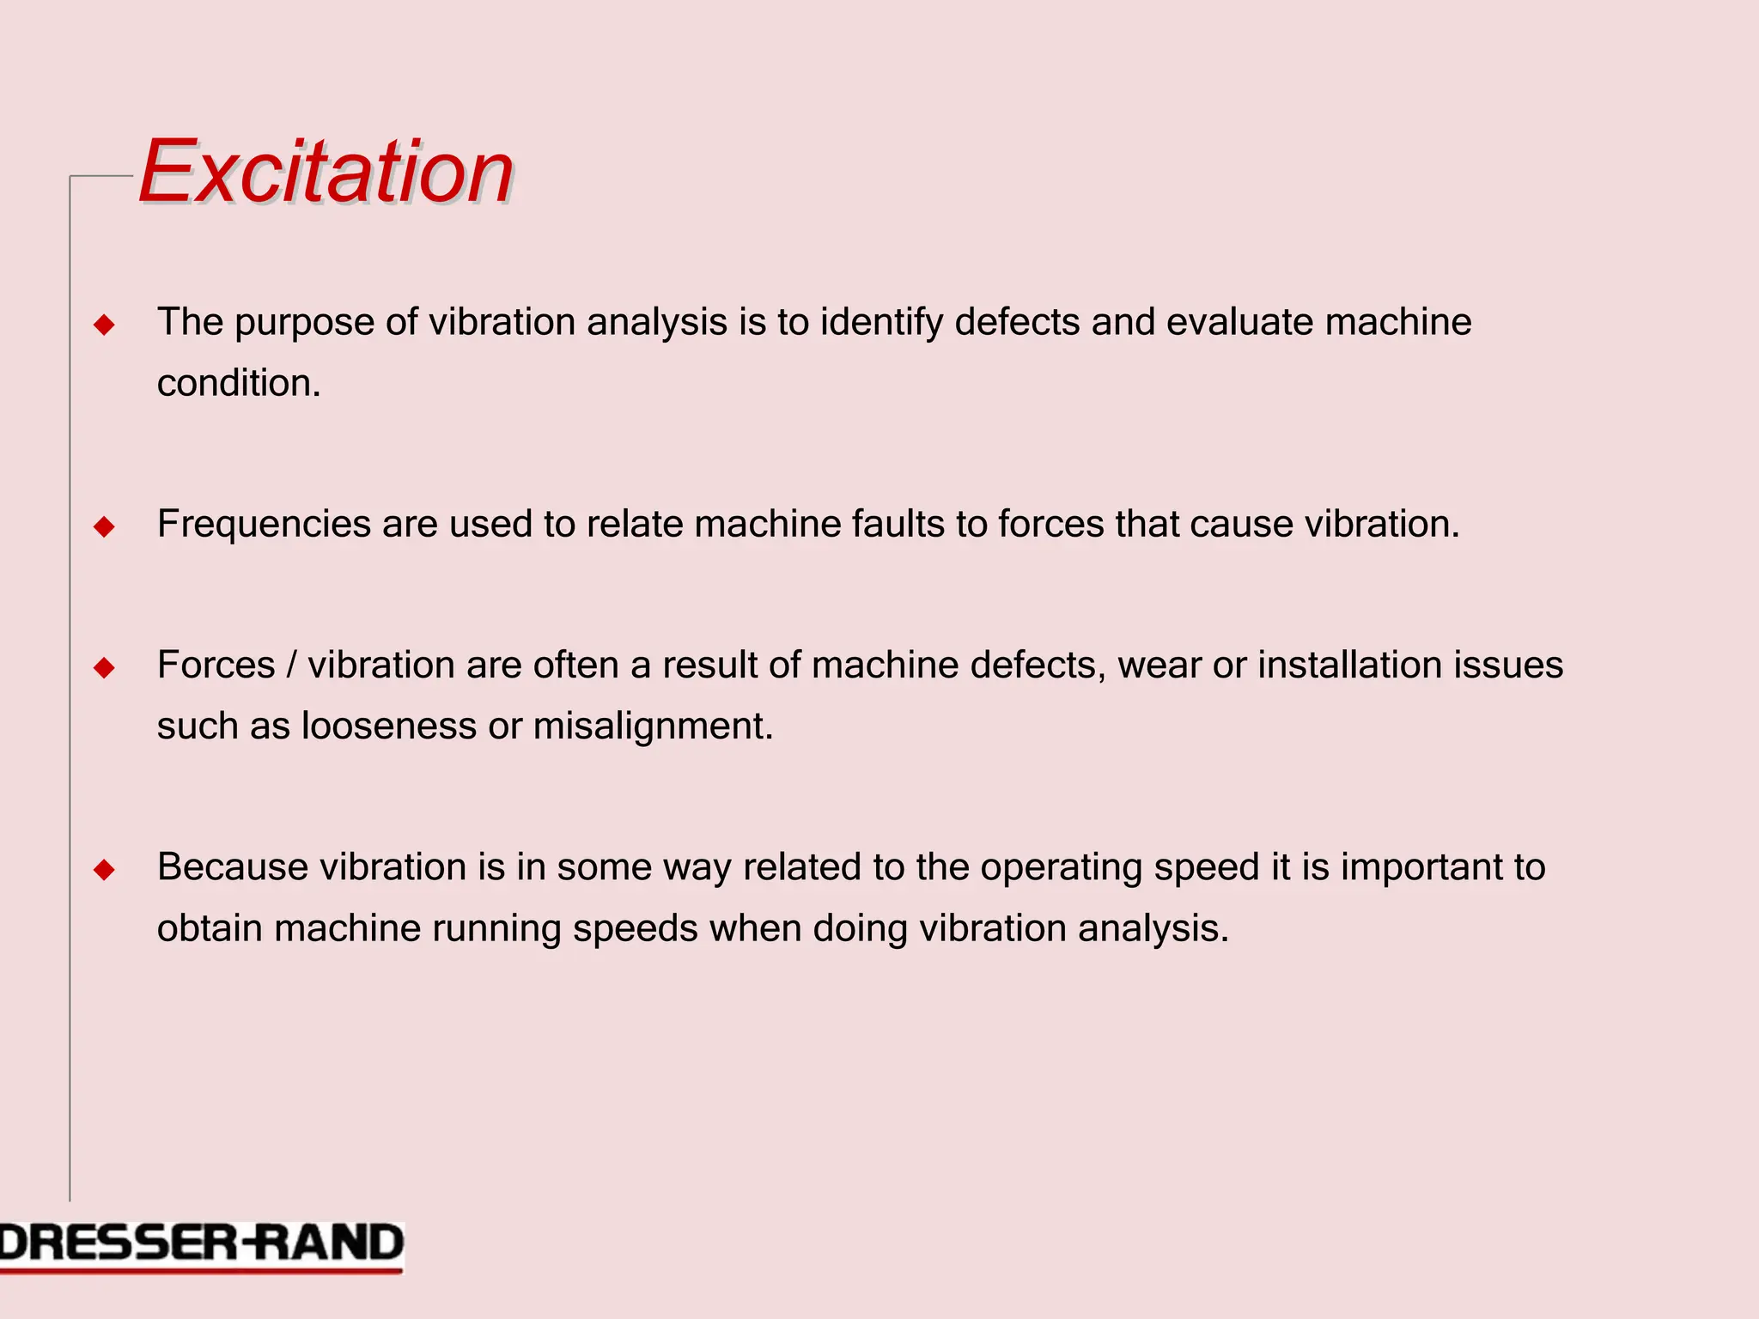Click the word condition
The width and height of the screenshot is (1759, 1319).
click(238, 383)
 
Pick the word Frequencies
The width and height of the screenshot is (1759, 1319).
click(264, 525)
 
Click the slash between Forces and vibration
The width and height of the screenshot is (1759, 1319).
click(292, 666)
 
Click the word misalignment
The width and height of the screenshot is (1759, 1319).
click(653, 726)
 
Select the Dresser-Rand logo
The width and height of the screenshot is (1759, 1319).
click(201, 1244)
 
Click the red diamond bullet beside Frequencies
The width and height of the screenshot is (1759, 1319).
click(105, 526)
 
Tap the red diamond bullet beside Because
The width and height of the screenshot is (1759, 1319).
click(105, 870)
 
